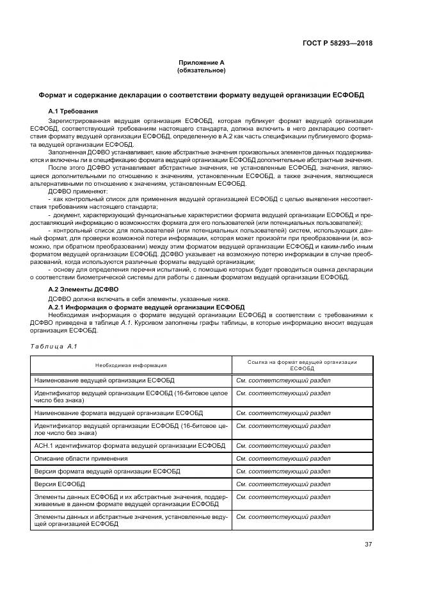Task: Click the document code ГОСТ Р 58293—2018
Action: tap(337, 44)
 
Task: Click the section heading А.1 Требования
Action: tap(74, 111)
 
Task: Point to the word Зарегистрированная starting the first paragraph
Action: tap(79, 120)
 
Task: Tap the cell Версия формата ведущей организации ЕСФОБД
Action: tap(107, 471)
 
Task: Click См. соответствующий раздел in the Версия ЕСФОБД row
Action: tap(283, 484)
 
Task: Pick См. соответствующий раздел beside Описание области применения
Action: tap(283, 458)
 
